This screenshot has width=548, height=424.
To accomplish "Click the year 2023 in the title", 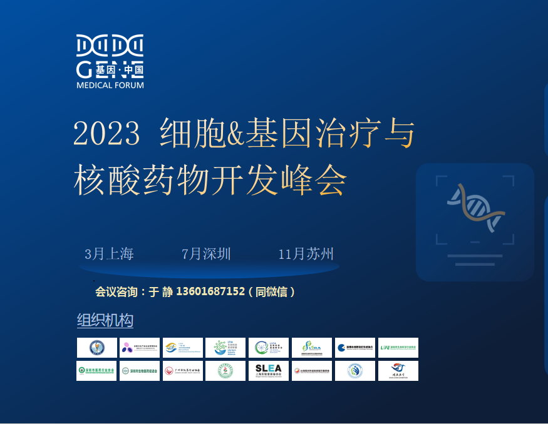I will click(x=106, y=132).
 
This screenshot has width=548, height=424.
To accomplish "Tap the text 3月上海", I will click(x=110, y=254).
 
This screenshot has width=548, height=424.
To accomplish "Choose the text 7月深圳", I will click(x=206, y=254).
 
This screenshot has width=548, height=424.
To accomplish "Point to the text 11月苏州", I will click(x=306, y=254).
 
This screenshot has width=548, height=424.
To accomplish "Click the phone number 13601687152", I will click(x=210, y=291).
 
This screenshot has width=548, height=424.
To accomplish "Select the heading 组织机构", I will click(x=105, y=321).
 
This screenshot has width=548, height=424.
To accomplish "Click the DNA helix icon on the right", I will click(x=475, y=208).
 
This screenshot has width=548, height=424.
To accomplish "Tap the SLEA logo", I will click(x=269, y=371).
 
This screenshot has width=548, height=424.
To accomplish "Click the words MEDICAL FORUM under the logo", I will click(x=110, y=85).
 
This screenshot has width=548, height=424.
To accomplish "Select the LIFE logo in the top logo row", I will click(x=398, y=348).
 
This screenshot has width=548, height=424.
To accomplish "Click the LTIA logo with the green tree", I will click(x=225, y=348).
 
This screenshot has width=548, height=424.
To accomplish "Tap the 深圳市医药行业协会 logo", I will click(x=96, y=371).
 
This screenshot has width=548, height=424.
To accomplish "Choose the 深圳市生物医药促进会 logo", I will click(x=140, y=371).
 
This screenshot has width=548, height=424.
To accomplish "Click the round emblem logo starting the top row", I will click(x=96, y=348).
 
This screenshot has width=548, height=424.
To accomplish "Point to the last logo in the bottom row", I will click(x=398, y=371).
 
